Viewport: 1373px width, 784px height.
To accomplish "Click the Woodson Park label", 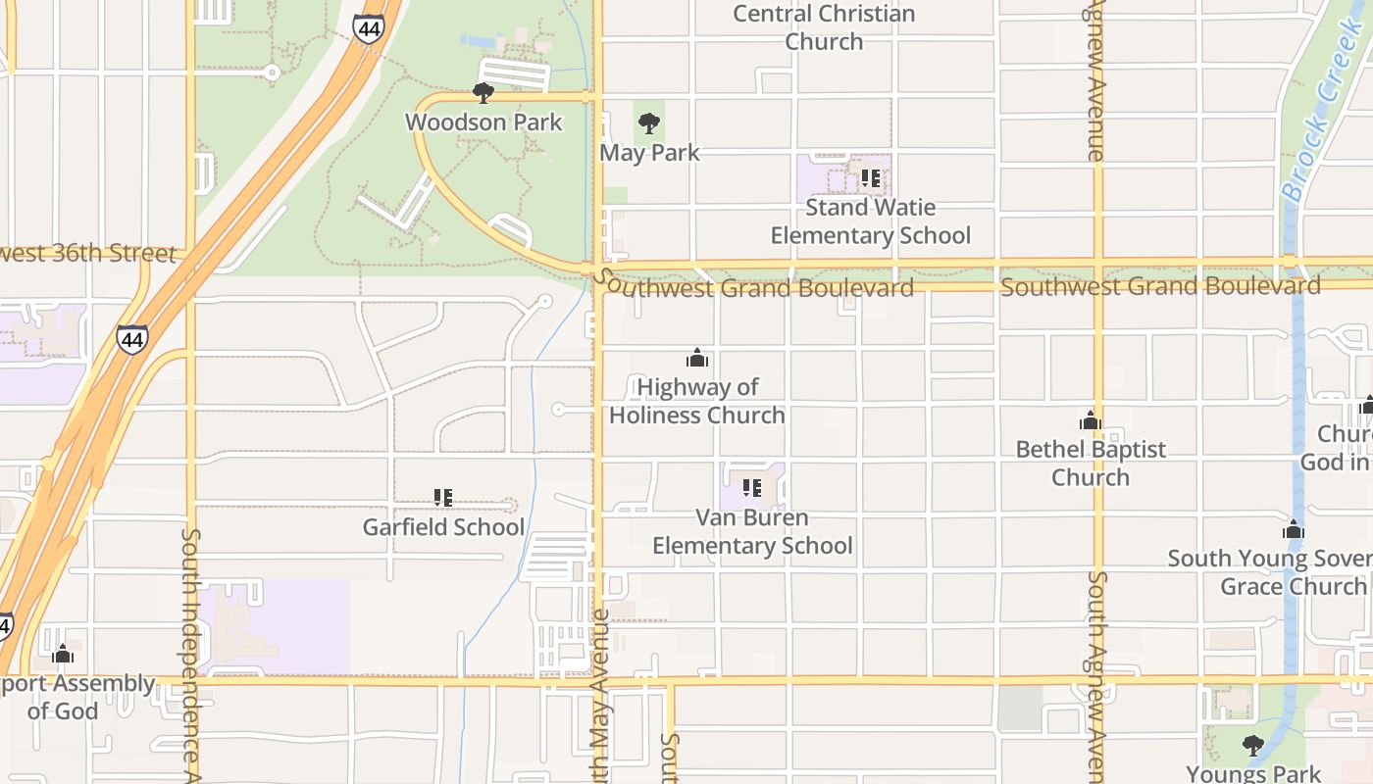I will click(x=483, y=122).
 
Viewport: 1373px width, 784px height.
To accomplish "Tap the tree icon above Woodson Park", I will click(x=483, y=93).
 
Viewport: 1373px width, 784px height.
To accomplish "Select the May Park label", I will click(x=649, y=153).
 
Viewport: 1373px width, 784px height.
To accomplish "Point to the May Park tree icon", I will click(x=648, y=123).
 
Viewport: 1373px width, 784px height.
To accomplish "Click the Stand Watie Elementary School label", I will click(x=870, y=221).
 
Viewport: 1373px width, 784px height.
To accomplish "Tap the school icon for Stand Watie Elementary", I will click(x=870, y=178).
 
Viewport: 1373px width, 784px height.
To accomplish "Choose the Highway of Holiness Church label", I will click(x=697, y=401).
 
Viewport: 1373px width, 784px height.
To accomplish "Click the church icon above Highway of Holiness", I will click(x=697, y=358).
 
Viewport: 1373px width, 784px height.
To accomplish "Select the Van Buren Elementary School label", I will click(x=752, y=531).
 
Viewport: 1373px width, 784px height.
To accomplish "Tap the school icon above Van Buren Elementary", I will click(x=752, y=488).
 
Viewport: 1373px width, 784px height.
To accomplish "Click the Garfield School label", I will click(x=443, y=527).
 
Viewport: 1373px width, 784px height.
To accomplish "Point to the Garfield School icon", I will click(x=443, y=498).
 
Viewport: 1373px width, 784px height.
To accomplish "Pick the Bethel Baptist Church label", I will click(x=1091, y=464).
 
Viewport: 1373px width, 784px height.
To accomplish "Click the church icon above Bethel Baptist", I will click(x=1090, y=420).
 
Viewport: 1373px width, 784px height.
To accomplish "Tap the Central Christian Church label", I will click(x=824, y=27).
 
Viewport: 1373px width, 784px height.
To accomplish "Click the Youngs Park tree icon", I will click(x=1252, y=745).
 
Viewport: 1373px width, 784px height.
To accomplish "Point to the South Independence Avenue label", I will click(x=191, y=652).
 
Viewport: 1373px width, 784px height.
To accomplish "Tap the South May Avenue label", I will click(x=600, y=696).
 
